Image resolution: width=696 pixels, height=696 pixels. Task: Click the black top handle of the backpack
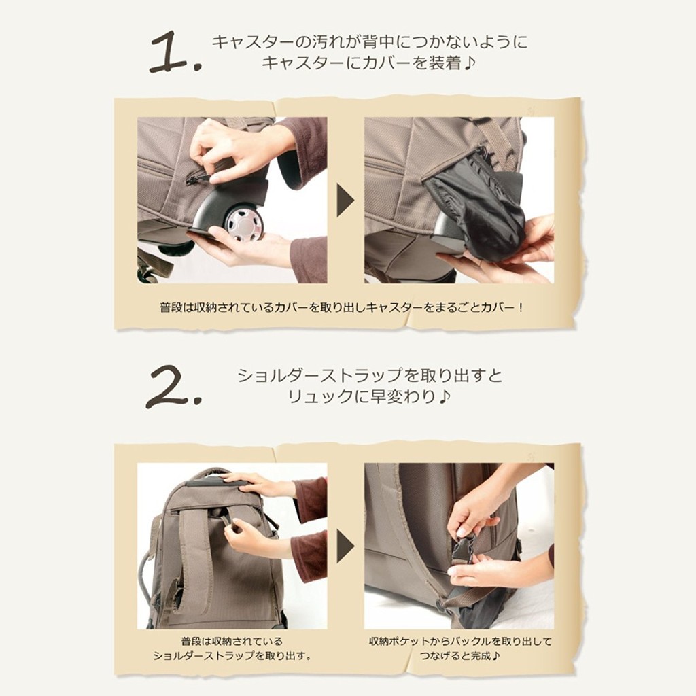(x=217, y=483)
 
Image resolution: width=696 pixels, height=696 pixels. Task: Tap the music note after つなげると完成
(x=495, y=656)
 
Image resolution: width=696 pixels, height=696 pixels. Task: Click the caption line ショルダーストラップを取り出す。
(x=232, y=656)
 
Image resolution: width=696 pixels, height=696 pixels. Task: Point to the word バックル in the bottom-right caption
(x=470, y=642)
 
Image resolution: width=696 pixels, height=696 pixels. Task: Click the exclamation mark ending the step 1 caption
(x=520, y=307)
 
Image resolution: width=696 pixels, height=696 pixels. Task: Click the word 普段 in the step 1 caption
(x=171, y=307)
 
